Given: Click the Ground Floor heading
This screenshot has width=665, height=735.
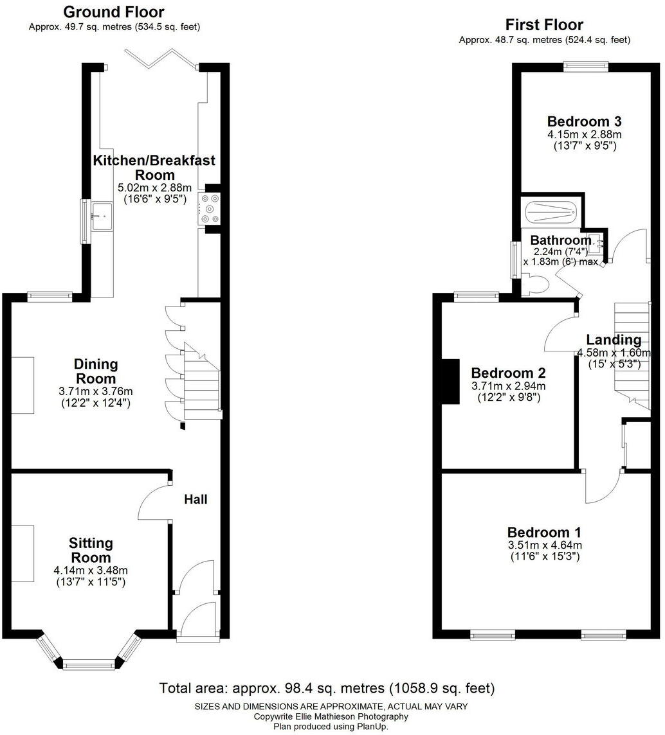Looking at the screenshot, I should [114, 12].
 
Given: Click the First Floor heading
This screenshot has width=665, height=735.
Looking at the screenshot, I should [544, 24].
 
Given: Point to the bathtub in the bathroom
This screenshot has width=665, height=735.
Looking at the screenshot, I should [551, 212].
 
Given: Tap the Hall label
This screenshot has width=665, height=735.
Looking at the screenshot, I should [196, 499].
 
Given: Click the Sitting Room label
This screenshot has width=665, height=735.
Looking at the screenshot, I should [91, 551].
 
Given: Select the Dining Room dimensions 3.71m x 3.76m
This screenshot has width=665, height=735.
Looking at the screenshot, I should [96, 391].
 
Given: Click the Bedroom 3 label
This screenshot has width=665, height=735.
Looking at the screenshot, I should [584, 121].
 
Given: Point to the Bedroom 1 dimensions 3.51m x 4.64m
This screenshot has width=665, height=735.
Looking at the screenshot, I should [544, 545].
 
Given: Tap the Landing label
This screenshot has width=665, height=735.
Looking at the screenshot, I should [614, 340].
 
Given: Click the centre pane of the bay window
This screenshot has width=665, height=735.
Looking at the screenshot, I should [89, 664].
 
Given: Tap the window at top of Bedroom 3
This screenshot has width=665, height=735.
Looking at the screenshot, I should [586, 64].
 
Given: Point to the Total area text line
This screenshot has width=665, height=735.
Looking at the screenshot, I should [327, 689].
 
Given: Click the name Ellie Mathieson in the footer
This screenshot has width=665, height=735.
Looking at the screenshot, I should [313, 716].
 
